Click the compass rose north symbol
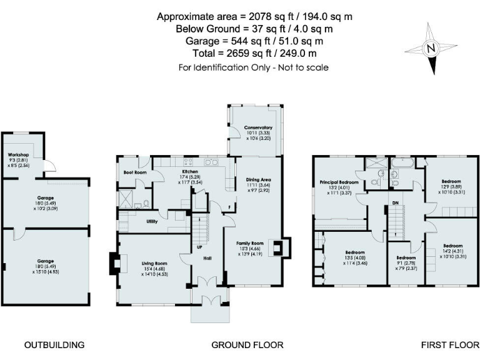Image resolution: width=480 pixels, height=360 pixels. (429, 47)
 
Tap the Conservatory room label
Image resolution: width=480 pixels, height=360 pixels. (258, 127)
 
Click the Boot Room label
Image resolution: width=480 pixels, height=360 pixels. (134, 171)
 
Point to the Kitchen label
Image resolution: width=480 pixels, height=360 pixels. (190, 171)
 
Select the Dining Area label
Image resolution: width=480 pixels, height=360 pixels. (258, 178)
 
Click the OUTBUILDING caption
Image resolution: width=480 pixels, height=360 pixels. (54, 345)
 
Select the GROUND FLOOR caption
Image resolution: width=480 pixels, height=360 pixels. (247, 345)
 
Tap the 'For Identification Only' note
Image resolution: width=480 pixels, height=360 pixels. (254, 67)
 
